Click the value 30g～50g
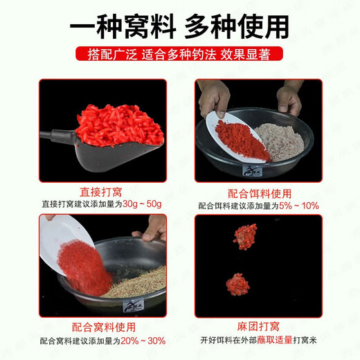tap(143, 204)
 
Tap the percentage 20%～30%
tap(145, 341)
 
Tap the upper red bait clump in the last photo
tap(245, 235)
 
